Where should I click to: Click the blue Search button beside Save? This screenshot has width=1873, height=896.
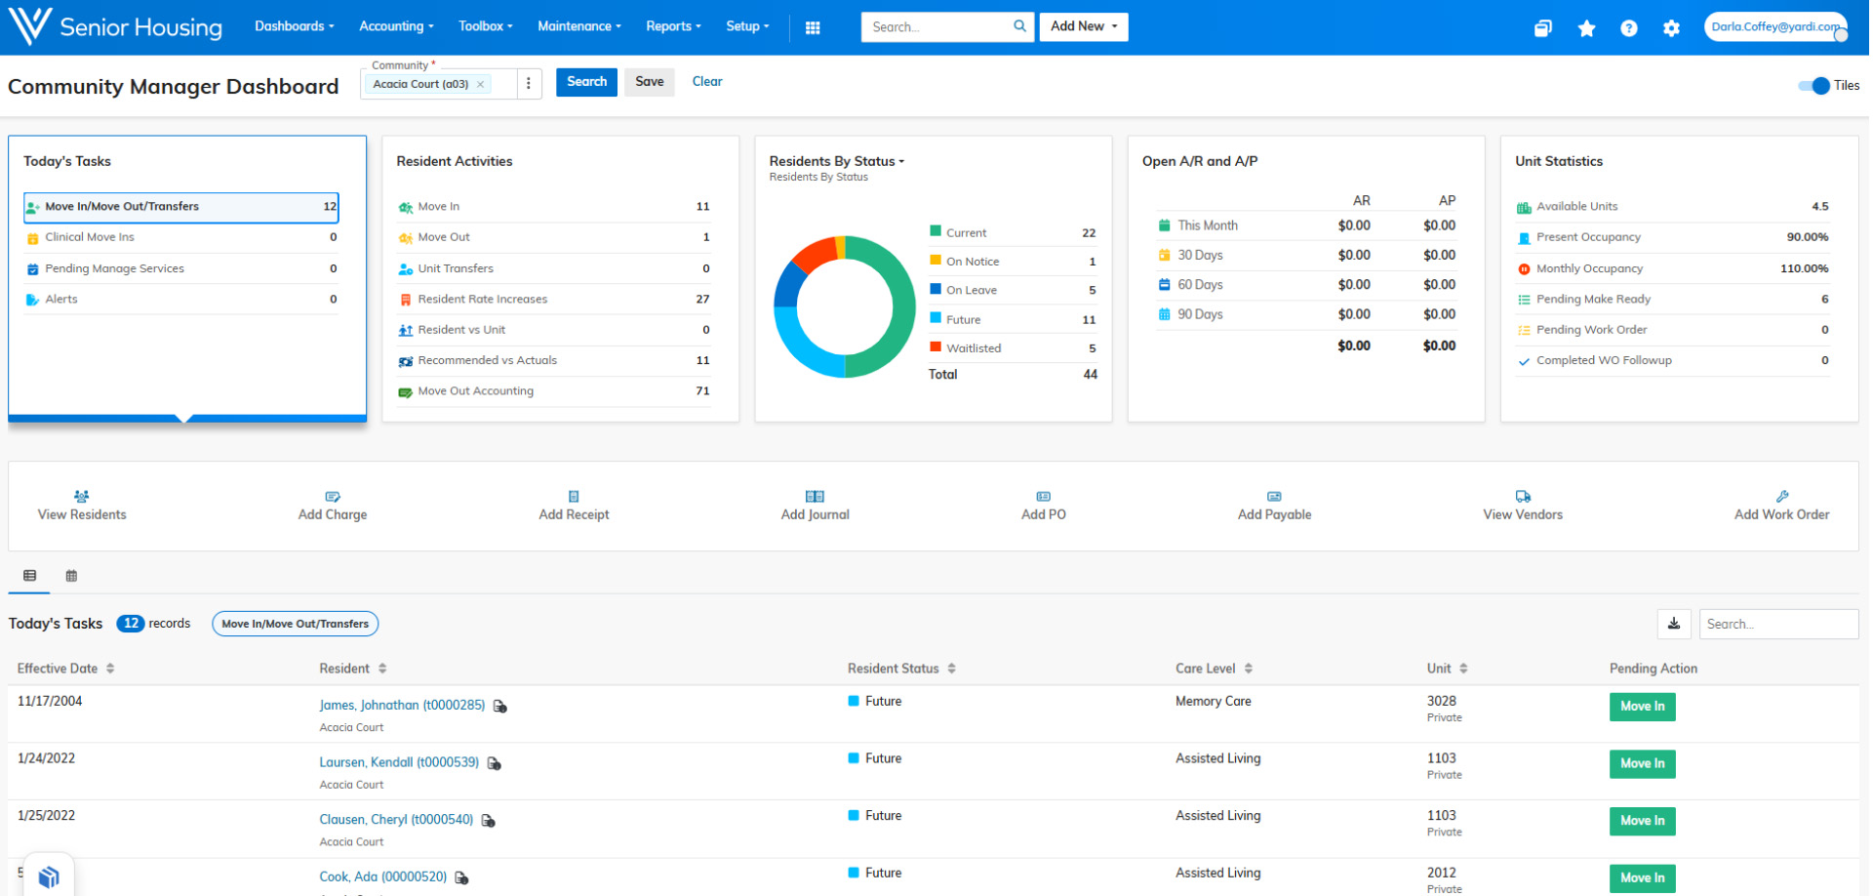pyautogui.click(x=586, y=82)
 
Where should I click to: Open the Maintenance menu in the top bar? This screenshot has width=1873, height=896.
pyautogui.click(x=578, y=26)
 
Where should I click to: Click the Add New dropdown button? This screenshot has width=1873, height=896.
pyautogui.click(x=1083, y=26)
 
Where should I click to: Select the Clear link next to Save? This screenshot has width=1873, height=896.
pyautogui.click(x=706, y=82)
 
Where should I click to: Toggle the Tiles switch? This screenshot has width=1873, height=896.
pyautogui.click(x=1813, y=86)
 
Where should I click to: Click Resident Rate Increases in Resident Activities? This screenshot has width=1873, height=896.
pyautogui.click(x=482, y=300)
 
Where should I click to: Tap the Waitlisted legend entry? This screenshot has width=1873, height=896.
pyautogui.click(x=973, y=348)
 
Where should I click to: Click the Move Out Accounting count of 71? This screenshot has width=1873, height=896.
pyautogui.click(x=702, y=391)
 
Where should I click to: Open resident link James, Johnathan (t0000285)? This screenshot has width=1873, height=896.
pyautogui.click(x=402, y=705)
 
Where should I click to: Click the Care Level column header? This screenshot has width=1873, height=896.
pyautogui.click(x=1205, y=669)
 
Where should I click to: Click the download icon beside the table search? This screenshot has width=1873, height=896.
pyautogui.click(x=1673, y=624)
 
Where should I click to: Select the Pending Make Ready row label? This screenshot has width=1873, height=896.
pyautogui.click(x=1593, y=300)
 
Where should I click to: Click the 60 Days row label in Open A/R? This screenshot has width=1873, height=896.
pyautogui.click(x=1199, y=285)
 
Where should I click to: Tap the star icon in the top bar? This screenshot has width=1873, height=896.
pyautogui.click(x=1586, y=28)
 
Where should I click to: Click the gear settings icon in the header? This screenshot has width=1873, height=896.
pyautogui.click(x=1671, y=28)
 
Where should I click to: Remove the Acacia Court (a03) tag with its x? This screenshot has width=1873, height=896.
pyautogui.click(x=480, y=85)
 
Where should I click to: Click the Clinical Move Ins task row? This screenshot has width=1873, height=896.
pyautogui.click(x=90, y=237)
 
